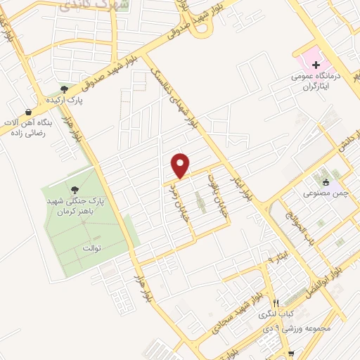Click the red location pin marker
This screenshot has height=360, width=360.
point(181,165)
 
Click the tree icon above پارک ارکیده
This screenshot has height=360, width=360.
point(64,89)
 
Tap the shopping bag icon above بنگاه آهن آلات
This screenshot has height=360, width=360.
point(27,112)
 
